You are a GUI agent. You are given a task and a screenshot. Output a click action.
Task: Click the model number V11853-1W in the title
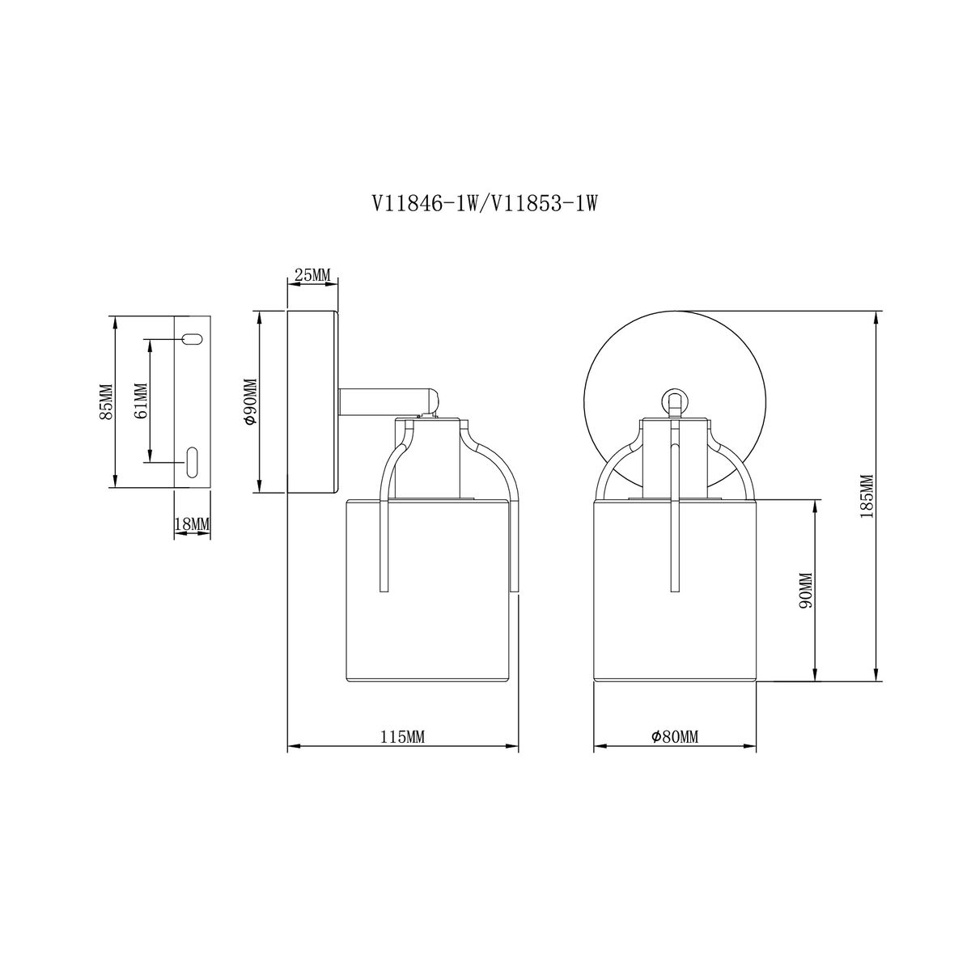544,204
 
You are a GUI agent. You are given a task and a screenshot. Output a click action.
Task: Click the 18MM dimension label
192,524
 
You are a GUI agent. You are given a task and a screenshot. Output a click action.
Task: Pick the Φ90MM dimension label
250,401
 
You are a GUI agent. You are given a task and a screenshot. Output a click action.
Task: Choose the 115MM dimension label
402,738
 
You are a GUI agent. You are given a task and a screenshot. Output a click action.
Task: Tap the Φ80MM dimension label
675,737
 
